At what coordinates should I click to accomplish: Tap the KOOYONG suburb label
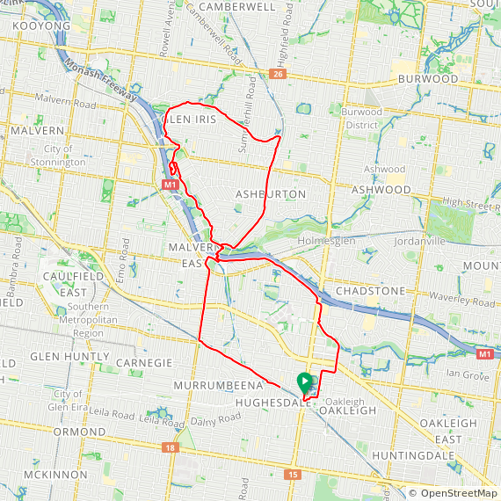(41, 27)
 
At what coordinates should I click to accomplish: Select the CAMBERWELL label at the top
(237, 6)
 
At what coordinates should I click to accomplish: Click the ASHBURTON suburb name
(271, 193)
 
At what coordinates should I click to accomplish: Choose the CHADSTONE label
(369, 291)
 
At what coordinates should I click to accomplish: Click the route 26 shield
(279, 74)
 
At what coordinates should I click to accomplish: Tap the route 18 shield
(168, 448)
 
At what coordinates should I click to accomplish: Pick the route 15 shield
(292, 475)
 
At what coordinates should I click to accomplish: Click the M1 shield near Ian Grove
(483, 353)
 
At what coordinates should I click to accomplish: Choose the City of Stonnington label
(69, 156)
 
